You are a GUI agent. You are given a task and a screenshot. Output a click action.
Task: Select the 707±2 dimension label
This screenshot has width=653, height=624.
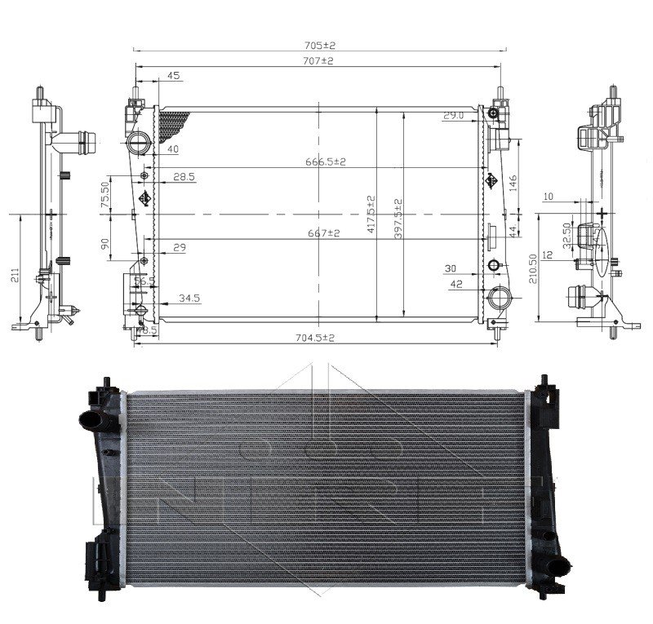click(318, 60)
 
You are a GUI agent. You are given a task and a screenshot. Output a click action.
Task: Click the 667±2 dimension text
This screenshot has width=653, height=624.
click(318, 232)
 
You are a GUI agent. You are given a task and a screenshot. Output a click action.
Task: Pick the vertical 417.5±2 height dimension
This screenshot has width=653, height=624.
click(371, 214)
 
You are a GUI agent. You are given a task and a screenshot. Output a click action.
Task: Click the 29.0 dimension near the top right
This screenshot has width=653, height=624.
click(454, 116)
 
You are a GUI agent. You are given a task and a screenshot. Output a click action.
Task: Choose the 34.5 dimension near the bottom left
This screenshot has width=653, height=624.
click(189, 299)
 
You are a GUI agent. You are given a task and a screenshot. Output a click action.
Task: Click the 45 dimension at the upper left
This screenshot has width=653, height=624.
click(173, 76)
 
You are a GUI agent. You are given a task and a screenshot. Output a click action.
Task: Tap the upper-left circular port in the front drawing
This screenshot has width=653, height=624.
click(138, 144)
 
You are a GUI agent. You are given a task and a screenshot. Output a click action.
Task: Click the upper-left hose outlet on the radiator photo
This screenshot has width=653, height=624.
click(91, 422)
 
